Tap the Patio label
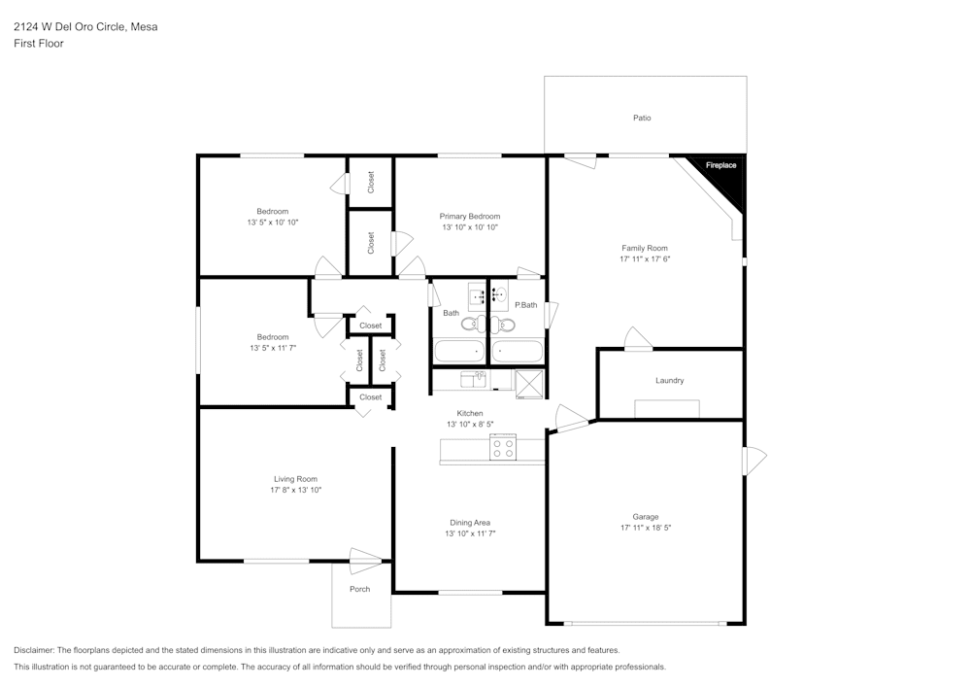(642, 118)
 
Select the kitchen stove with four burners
(503, 449)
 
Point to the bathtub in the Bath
(459, 351)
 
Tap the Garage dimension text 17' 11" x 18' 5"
(646, 528)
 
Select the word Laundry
(669, 380)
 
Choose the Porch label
(359, 589)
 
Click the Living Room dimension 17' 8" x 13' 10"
(295, 490)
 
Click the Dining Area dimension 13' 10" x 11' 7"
(470, 533)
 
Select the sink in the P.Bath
(499, 292)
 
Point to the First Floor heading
(38, 44)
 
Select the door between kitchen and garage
(570, 420)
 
